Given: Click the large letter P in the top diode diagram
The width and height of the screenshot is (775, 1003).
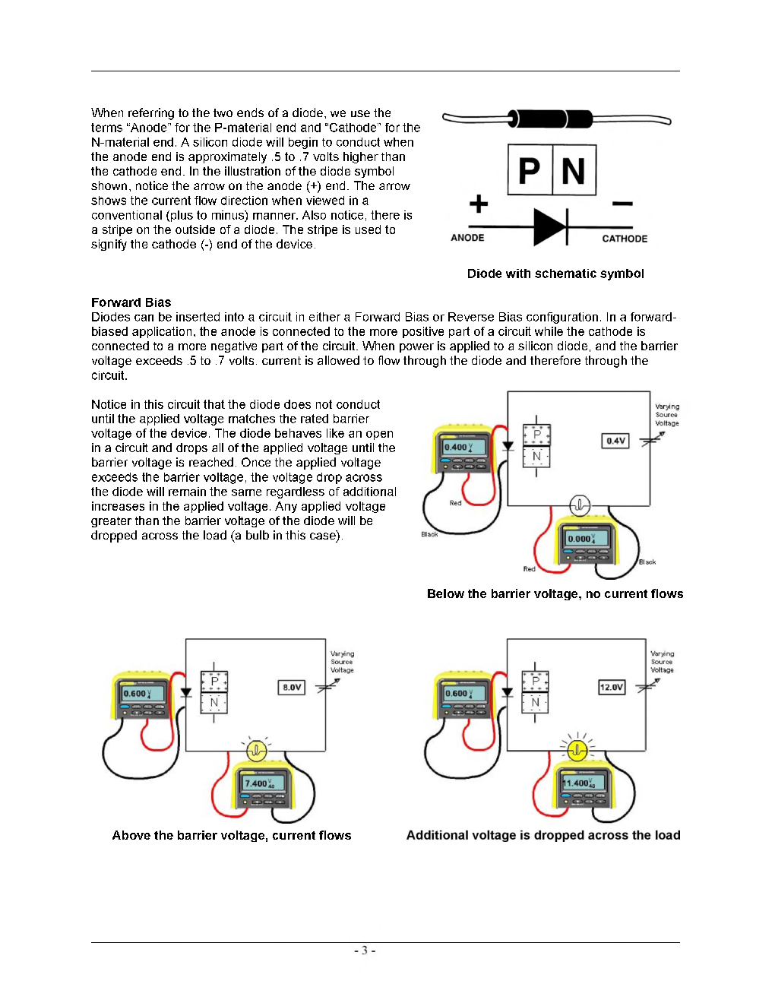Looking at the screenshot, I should tap(530, 171).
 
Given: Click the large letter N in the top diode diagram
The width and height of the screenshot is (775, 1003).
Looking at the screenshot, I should tap(574, 171).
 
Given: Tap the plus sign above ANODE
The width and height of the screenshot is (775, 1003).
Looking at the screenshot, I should tap(478, 204).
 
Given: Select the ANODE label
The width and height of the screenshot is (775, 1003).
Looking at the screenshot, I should tap(467, 238).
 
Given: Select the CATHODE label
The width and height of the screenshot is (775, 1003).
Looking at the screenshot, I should tap(625, 239).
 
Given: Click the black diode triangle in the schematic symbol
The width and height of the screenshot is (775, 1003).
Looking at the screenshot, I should tap(549, 226).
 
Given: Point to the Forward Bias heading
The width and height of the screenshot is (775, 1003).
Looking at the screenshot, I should tap(131, 302).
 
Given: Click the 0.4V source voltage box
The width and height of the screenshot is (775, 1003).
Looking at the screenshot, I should tap(615, 441).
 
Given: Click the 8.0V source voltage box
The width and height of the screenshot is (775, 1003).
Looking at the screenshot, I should tap(292, 688).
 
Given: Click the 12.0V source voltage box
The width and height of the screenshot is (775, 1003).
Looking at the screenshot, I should tap(612, 688).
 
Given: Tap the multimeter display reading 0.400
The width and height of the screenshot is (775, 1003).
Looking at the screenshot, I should tap(458, 447).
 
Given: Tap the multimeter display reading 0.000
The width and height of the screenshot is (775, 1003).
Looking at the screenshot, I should tap(583, 539).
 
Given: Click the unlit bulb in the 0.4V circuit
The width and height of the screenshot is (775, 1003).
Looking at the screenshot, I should tap(580, 505).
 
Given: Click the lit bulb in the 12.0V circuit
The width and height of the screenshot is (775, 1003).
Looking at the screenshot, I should tap(577, 751).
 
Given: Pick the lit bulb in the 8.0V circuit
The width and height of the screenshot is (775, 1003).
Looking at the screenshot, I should tap(257, 751).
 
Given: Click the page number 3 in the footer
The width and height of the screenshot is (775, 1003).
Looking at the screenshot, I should tap(364, 951).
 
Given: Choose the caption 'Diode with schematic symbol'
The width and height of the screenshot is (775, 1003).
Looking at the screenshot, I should tap(555, 274).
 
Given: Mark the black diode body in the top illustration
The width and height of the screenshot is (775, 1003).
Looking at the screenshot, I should tap(550, 119).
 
